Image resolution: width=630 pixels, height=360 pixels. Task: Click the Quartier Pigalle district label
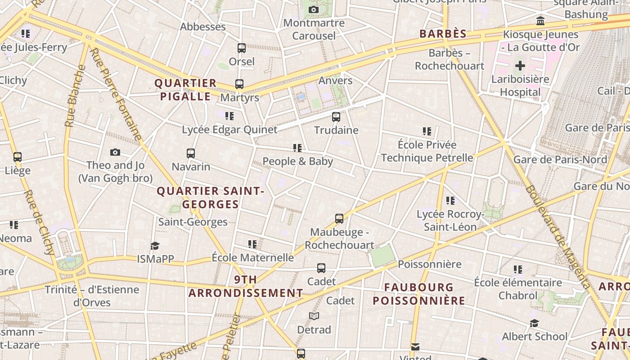click(x=185, y=90)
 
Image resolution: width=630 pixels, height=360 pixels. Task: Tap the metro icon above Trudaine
click(x=336, y=117)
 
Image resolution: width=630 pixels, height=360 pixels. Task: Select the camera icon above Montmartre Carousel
click(x=314, y=9)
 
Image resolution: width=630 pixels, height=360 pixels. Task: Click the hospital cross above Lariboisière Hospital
click(x=520, y=66)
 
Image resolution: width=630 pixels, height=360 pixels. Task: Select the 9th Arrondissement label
click(x=246, y=286)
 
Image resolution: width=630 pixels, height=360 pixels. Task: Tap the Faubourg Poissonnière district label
click(x=419, y=293)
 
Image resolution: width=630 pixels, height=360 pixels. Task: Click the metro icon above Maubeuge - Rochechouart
click(x=339, y=219)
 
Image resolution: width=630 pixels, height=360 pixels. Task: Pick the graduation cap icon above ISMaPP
click(x=155, y=246)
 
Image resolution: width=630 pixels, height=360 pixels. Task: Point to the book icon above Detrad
click(x=314, y=316)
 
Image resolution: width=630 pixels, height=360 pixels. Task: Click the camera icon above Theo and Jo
click(x=115, y=152)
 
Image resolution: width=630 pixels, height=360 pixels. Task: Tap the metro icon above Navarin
click(x=191, y=153)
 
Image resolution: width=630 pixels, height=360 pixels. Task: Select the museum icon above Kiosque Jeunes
click(x=540, y=21)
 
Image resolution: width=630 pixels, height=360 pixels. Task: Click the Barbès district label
click(x=443, y=34)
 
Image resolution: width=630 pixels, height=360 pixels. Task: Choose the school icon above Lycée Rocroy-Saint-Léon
click(x=450, y=201)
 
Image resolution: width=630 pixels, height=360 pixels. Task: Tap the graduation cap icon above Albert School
click(x=534, y=324)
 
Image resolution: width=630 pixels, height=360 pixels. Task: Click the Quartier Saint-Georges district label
click(x=210, y=198)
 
